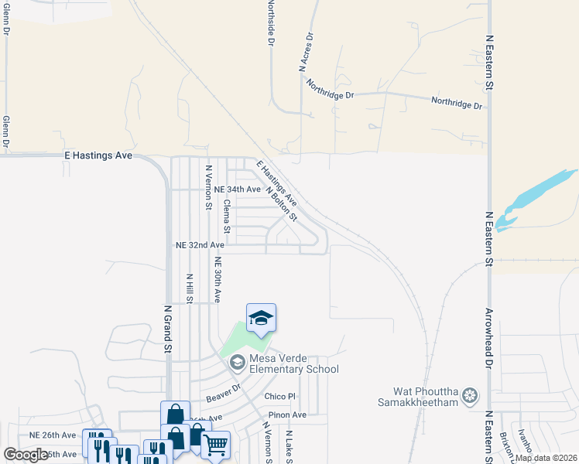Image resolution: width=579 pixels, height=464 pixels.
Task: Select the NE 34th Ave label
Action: click(x=237, y=189)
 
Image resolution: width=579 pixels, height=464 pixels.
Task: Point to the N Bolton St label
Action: click(x=281, y=203)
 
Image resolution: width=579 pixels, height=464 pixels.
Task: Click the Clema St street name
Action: click(x=227, y=217)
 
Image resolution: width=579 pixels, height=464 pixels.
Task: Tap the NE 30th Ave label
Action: click(x=219, y=279)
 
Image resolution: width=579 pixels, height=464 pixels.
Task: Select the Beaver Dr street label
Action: click(x=224, y=392)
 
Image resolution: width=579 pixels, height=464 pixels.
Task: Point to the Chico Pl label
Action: click(x=280, y=397)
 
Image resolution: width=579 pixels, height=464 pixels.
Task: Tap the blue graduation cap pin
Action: click(x=261, y=318)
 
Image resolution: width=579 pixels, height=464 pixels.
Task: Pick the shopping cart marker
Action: click(x=215, y=444)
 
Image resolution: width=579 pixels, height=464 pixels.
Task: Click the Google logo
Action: click(x=26, y=455)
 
